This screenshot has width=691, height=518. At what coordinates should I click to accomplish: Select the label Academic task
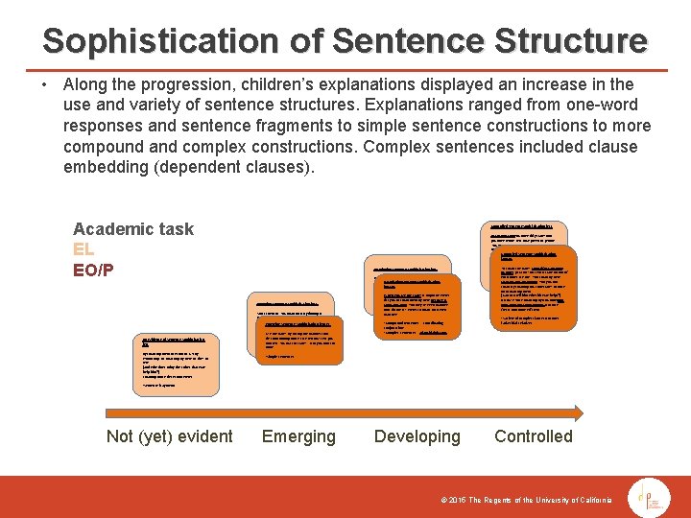133,228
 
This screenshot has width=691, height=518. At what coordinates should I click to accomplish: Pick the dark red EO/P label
93,270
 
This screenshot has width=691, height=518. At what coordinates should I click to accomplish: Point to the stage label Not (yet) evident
169,436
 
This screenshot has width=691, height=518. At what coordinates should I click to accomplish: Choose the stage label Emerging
298,436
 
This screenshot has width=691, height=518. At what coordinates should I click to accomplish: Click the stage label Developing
417,436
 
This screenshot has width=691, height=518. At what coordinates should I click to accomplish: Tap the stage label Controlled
533,436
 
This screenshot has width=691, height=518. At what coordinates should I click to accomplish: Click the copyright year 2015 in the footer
453,500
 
